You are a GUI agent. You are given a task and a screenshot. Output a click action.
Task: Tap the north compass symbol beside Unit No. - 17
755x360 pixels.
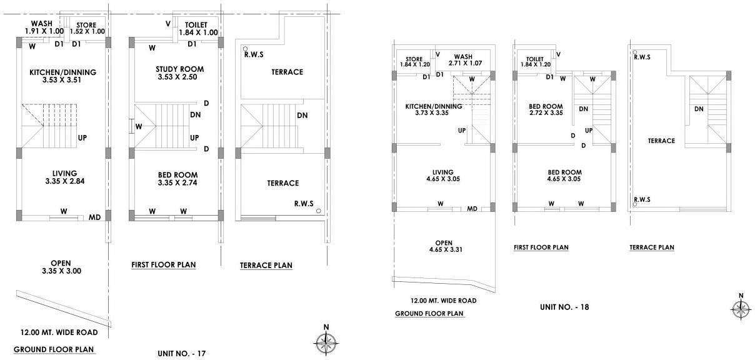(325, 341)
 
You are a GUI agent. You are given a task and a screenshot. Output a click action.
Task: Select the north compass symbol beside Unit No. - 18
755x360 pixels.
(741, 308)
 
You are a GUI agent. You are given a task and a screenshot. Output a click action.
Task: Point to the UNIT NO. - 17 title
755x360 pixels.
(182, 354)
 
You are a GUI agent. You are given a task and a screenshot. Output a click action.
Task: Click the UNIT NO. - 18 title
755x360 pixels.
(564, 307)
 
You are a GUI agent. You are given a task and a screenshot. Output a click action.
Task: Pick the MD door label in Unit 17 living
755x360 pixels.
(95, 217)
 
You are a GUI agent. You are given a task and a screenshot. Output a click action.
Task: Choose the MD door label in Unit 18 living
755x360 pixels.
(472, 208)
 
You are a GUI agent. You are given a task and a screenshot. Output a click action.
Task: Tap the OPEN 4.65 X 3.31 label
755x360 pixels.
(443, 246)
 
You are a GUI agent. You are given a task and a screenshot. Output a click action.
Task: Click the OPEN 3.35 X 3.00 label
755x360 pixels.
(61, 267)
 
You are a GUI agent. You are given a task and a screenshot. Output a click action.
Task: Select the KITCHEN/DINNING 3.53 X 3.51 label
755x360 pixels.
(62, 76)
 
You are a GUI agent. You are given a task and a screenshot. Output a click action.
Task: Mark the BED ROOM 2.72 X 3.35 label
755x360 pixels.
(546, 110)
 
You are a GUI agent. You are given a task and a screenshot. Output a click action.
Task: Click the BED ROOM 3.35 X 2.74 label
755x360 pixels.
(177, 179)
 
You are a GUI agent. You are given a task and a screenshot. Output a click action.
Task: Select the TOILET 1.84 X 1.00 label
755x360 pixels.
(197, 29)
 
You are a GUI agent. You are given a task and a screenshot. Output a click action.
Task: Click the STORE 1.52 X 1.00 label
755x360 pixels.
(86, 28)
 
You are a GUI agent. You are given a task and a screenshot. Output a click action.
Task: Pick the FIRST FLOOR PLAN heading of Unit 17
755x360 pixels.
(164, 265)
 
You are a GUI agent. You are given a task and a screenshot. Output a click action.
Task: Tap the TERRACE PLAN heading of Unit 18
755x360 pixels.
(651, 247)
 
